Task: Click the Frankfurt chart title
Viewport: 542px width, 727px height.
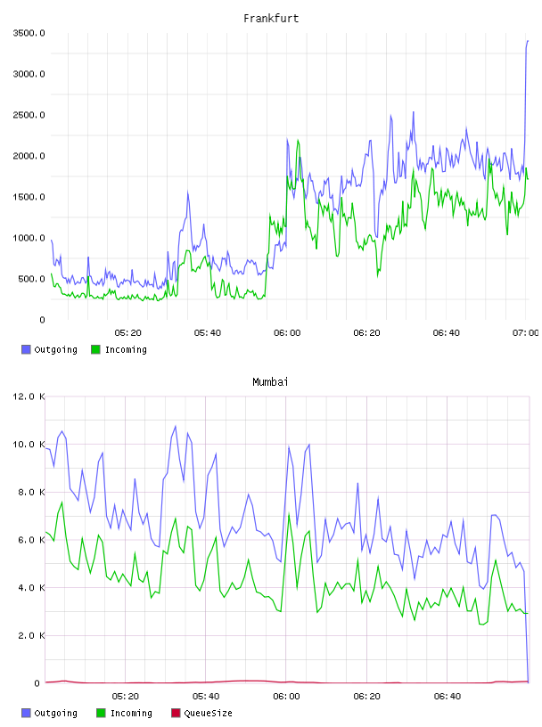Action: click(271, 19)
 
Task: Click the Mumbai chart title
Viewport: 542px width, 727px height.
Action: click(270, 382)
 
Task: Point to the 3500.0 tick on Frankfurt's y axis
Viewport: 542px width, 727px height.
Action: click(29, 33)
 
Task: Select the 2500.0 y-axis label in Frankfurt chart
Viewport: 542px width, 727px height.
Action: click(29, 115)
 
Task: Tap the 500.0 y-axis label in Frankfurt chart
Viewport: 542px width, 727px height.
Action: click(32, 279)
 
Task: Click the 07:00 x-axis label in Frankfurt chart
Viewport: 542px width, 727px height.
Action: click(525, 333)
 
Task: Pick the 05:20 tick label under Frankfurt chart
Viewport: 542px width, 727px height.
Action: click(127, 333)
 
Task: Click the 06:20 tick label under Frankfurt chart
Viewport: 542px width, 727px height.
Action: click(366, 333)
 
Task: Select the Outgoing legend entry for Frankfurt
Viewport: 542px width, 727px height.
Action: click(49, 349)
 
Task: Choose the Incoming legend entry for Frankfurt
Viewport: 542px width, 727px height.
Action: click(119, 349)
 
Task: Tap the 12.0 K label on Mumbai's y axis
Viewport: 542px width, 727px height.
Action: click(29, 396)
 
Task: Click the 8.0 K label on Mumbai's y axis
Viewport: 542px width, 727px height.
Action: click(32, 493)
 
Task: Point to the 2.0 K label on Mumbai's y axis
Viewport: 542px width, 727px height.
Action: click(32, 635)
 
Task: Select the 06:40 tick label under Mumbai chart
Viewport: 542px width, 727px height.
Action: click(448, 697)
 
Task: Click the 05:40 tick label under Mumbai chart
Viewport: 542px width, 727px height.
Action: click(206, 697)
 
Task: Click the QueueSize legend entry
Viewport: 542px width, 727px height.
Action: click(201, 713)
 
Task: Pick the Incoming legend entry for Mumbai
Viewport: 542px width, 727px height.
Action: click(125, 713)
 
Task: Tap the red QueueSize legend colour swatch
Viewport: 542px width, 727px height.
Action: click(176, 713)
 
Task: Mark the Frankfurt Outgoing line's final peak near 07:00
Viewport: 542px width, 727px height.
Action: click(528, 41)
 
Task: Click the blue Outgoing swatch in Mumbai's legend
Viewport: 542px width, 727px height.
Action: click(26, 713)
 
